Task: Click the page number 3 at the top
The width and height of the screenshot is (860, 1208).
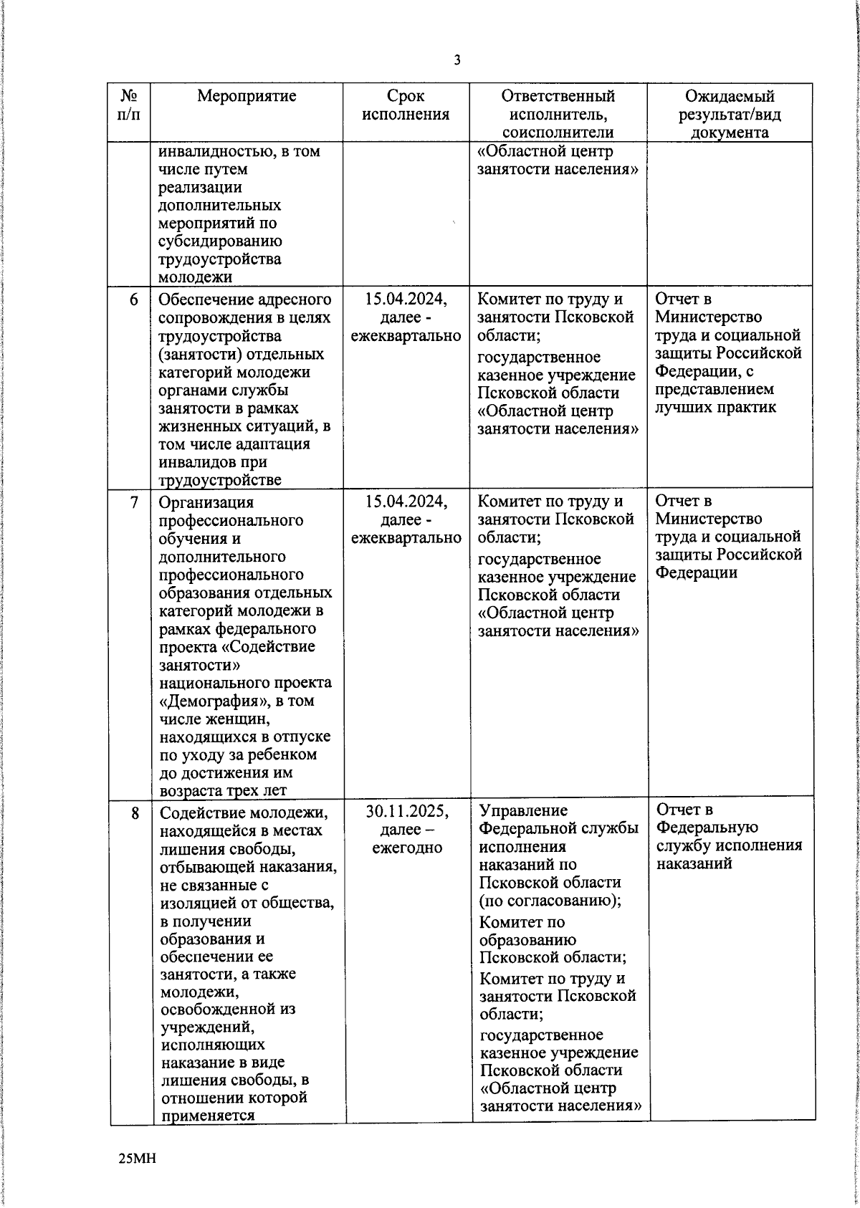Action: pos(457,61)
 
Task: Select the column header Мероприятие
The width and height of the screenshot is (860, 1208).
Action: pos(247,96)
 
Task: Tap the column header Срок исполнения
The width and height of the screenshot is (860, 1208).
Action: pos(406,105)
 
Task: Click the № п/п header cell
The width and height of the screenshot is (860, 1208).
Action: pos(129,105)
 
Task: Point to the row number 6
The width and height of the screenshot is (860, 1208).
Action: pos(134,300)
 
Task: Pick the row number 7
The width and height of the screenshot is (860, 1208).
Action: pos(134,502)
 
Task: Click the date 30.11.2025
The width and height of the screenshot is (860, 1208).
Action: pos(407,812)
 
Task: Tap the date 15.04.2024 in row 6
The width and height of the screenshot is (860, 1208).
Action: pos(406,299)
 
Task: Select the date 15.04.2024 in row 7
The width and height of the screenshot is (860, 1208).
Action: pos(406,501)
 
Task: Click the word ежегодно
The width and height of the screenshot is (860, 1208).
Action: pos(407,848)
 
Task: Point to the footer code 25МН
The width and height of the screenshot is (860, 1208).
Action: pos(137,1159)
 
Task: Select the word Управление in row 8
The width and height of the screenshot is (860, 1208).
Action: pos(523,811)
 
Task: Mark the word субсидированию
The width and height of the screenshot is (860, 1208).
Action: pos(220,241)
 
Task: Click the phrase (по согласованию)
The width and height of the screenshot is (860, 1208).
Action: pos(550,901)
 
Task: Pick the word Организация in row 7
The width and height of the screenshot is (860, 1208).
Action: pos(206,502)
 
